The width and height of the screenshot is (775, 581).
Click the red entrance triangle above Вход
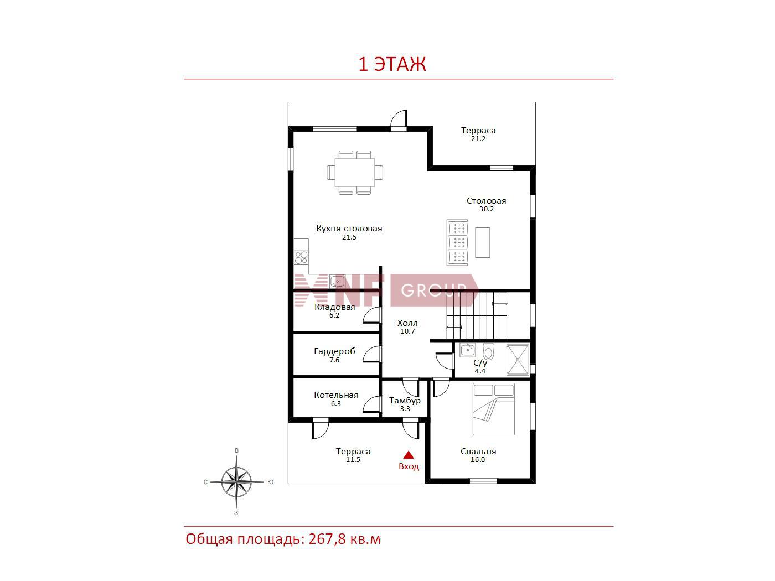409,455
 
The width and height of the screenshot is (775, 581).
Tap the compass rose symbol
236,482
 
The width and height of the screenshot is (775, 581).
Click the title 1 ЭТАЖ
392,64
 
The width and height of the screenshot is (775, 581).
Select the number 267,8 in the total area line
327,539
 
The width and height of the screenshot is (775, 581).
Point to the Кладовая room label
335,307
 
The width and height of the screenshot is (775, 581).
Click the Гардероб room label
334,351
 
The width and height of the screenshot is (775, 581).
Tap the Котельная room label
336,395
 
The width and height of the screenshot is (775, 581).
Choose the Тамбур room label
405,401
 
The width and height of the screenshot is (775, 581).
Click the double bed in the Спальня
494,409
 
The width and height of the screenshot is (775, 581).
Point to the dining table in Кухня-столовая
355,173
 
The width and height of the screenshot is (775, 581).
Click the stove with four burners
301,257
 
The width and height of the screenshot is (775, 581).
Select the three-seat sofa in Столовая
457,242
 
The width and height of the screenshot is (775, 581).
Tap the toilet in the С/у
488,350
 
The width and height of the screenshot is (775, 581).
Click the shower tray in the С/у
518,360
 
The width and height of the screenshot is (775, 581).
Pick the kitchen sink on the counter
338,282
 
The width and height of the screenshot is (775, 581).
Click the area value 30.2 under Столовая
486,209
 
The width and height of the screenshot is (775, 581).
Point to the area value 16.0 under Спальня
478,460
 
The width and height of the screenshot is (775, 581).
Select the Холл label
407,323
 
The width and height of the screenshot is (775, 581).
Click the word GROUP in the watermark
434,290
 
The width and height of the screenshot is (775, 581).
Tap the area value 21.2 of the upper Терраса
478,139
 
